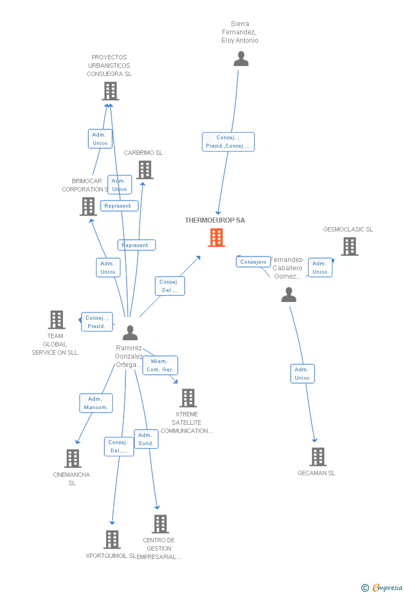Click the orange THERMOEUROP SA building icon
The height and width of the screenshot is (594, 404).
(x=216, y=238)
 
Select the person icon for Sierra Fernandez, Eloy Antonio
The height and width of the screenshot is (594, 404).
(x=241, y=59)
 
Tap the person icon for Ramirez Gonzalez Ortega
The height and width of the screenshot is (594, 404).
(x=130, y=333)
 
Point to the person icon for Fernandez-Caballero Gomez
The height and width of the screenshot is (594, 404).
(x=289, y=295)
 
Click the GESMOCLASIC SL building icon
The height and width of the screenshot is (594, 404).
(x=349, y=246)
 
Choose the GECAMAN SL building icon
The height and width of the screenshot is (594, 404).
(x=317, y=457)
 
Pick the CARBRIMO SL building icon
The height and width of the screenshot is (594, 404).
(x=145, y=170)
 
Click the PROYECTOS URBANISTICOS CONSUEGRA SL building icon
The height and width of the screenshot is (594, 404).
(x=110, y=91)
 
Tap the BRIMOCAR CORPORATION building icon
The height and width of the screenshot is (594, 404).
(x=88, y=207)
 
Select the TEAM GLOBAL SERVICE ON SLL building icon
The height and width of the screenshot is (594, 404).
(x=57, y=320)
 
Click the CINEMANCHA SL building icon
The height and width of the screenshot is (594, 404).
(x=73, y=459)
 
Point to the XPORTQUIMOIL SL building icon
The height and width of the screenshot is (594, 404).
(x=112, y=540)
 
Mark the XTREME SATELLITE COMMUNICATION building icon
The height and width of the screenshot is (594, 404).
(x=188, y=398)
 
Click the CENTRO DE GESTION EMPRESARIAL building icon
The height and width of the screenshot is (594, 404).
(x=160, y=524)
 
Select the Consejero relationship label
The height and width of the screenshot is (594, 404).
(x=254, y=261)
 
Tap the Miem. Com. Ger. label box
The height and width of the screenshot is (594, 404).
(x=160, y=365)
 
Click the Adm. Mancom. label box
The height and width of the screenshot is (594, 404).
(x=96, y=403)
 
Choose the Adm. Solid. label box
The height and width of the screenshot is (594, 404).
(x=146, y=439)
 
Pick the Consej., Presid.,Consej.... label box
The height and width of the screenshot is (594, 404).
(x=228, y=142)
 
